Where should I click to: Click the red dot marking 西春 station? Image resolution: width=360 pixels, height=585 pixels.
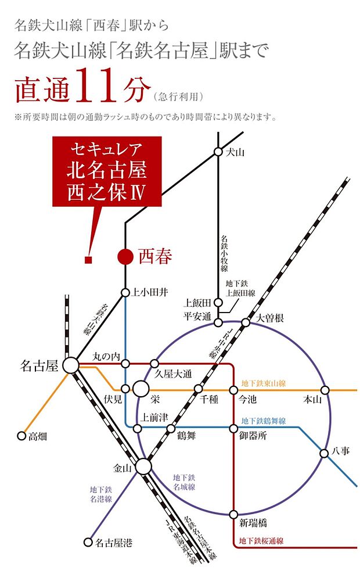125,257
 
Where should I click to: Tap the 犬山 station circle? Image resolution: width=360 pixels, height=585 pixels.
218,152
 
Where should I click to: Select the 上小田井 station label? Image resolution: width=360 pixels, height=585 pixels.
150,293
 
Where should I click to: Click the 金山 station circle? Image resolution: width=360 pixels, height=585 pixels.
143,466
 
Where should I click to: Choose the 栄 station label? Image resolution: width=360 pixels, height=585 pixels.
154,400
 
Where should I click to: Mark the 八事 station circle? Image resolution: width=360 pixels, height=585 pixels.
325,453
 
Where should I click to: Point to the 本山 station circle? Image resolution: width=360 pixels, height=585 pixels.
325,389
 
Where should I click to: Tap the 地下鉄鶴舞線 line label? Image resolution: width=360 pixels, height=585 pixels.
264,421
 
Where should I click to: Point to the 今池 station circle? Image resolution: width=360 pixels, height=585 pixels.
233,389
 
